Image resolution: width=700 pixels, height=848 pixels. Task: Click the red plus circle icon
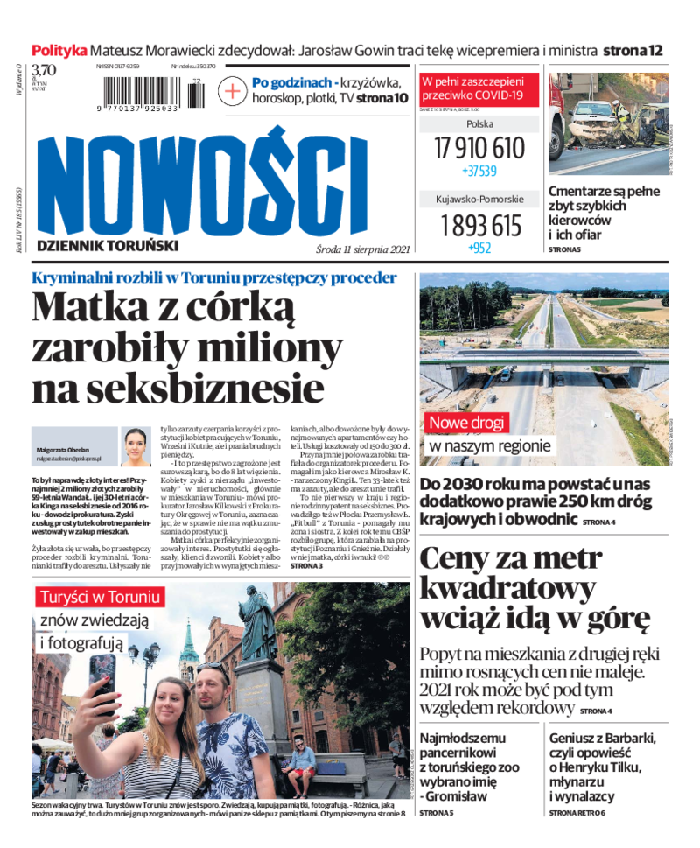click(233, 91)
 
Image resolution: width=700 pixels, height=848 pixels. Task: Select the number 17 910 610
click(479, 147)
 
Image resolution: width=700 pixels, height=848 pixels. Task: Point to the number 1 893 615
click(479, 226)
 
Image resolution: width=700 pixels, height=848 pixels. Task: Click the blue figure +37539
click(479, 171)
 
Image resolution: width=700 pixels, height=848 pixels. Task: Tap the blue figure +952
click(479, 248)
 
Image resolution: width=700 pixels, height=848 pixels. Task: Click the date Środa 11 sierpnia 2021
click(363, 249)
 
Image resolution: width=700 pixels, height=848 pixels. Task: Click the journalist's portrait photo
click(136, 447)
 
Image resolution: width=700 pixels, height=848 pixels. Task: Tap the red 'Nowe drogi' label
click(465, 424)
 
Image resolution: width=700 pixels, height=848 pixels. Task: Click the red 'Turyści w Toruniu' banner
click(100, 598)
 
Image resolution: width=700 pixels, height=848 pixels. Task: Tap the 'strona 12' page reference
click(633, 50)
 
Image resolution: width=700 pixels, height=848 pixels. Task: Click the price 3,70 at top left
click(44, 70)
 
